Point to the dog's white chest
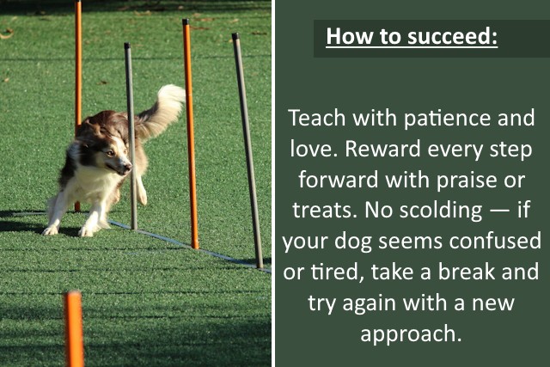(x=95, y=185)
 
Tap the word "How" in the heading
(x=345, y=38)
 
